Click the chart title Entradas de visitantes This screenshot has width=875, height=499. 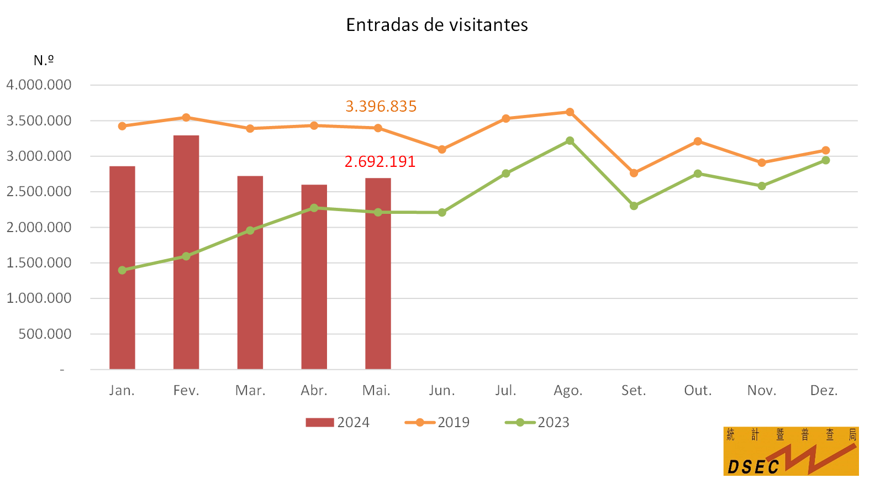click(x=437, y=25)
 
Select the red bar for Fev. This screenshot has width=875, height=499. click(x=186, y=252)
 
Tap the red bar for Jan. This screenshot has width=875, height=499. click(x=122, y=267)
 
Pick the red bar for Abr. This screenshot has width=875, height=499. click(x=314, y=276)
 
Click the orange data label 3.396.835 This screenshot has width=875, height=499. click(x=381, y=106)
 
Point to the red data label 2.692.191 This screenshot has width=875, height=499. click(x=380, y=161)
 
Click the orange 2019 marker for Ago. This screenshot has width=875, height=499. click(x=570, y=112)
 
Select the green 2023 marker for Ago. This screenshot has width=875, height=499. click(x=570, y=141)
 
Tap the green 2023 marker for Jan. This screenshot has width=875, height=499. click(x=122, y=270)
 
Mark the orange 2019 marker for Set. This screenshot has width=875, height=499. click(x=634, y=173)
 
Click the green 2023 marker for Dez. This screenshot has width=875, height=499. click(x=825, y=160)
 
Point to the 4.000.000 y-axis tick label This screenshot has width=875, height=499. click(x=39, y=85)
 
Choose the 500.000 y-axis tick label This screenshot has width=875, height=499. click(x=45, y=334)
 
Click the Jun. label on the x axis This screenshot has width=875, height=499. click(x=441, y=391)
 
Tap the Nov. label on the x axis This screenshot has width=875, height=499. click(x=761, y=391)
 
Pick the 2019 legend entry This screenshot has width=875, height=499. click(x=437, y=422)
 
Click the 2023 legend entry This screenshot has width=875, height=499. click(x=537, y=422)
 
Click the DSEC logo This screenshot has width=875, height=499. click(x=790, y=451)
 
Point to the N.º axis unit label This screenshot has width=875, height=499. click(x=44, y=60)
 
